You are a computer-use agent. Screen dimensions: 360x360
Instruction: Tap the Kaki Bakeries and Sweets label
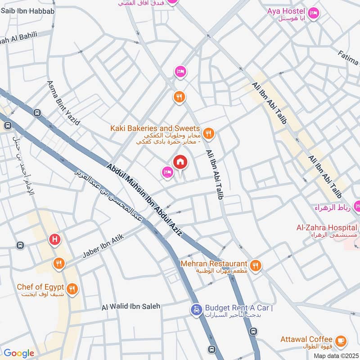[155, 129]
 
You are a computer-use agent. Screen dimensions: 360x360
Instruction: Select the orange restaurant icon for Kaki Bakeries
[207, 133]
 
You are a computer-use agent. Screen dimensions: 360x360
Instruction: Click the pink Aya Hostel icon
[314, 12]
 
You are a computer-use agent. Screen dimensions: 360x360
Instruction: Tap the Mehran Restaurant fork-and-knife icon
[256, 265]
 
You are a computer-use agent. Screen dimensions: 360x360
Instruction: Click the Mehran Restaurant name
[214, 264]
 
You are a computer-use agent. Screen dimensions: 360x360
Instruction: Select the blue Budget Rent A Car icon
[196, 310]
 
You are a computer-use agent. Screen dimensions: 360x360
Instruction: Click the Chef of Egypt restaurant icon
[72, 288]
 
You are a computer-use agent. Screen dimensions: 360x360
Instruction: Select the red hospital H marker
[55, 240]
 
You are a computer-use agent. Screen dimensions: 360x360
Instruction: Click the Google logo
[18, 353]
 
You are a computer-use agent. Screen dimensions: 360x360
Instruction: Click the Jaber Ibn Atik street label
[103, 247]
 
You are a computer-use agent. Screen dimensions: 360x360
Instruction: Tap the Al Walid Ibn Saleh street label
[131, 306]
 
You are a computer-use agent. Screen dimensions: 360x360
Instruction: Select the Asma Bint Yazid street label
[63, 103]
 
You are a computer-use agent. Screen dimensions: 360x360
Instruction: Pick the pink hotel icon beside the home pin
[167, 172]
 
